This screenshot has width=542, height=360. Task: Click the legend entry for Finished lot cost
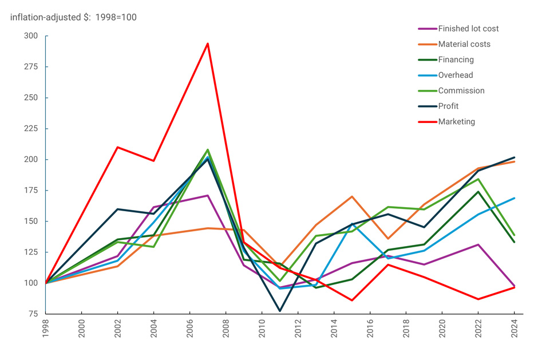coord(468,29)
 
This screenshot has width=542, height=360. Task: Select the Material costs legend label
coord(464,44)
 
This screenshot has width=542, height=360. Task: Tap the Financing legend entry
coord(456,60)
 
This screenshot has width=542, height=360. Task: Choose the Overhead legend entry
coord(455,75)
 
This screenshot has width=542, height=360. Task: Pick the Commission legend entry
coord(461,90)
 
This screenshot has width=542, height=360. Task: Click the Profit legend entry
coord(448,106)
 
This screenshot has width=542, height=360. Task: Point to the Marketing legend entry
coord(456,121)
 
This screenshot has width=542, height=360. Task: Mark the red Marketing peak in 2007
coord(208,43)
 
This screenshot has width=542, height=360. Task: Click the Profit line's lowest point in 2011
coord(280,311)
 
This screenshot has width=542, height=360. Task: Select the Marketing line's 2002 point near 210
coord(117,147)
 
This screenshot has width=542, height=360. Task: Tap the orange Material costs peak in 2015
coord(352,196)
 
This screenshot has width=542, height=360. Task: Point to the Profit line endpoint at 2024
coord(514,157)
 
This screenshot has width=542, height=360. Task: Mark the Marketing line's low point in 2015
coord(352,300)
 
